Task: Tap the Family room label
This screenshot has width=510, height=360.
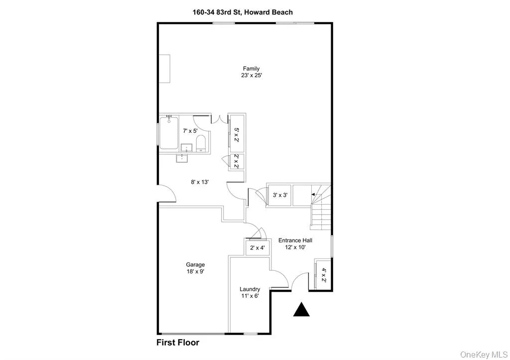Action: point(251,69)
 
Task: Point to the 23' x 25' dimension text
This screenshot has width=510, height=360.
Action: point(251,76)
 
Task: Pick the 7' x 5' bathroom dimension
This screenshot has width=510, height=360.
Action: point(191,131)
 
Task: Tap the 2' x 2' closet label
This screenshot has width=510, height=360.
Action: point(237,162)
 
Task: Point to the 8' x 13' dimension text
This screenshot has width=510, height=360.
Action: point(199,182)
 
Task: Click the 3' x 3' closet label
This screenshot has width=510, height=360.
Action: point(280,195)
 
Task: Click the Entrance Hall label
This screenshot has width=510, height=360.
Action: point(295,240)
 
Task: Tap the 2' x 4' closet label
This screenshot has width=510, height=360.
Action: point(257,247)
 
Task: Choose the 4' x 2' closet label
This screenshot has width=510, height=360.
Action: point(323,275)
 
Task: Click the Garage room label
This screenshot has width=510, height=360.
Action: point(196,265)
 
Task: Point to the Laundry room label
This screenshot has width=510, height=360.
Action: point(250,289)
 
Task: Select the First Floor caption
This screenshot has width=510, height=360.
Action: point(178,343)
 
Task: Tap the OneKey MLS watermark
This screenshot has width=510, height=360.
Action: point(483,355)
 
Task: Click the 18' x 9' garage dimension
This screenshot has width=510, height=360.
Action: point(196,272)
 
